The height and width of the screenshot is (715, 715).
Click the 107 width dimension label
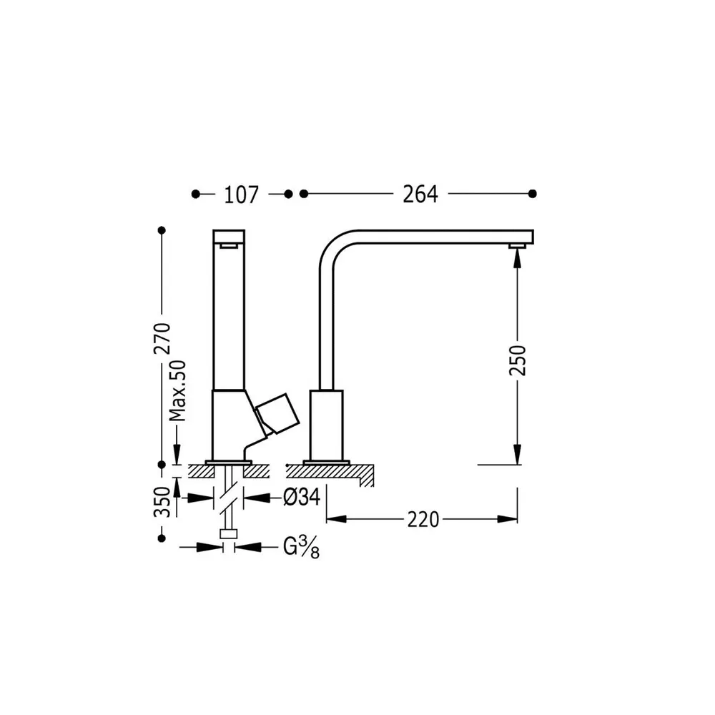241,194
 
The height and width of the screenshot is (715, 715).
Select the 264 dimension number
420,194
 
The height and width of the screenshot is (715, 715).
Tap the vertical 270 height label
162,338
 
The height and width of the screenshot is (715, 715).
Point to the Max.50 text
177,391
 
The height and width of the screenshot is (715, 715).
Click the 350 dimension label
162,502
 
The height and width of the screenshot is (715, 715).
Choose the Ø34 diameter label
302,497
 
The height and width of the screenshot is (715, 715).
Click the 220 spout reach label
423,519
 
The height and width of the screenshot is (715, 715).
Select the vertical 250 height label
518,360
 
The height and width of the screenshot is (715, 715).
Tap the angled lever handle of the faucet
277,413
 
